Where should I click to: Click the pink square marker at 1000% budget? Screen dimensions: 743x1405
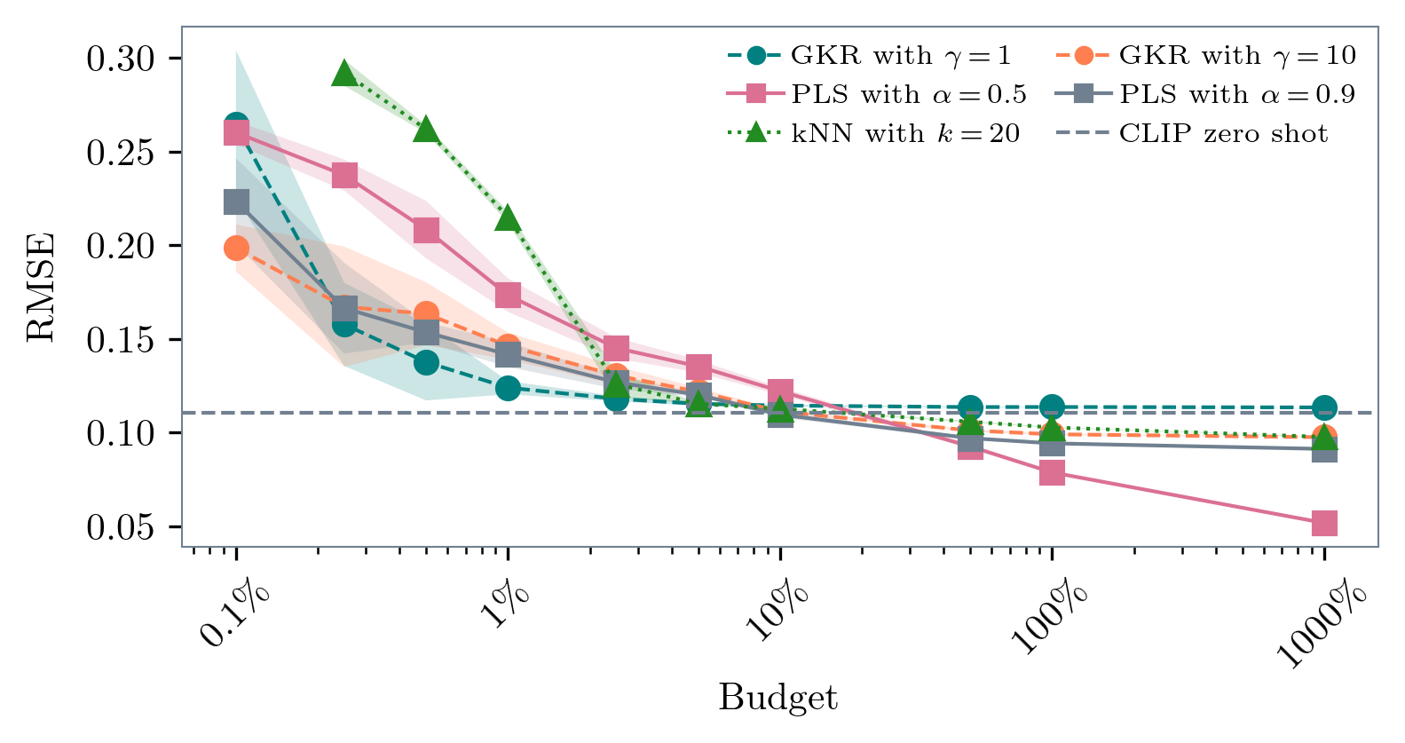pyautogui.click(x=1323, y=524)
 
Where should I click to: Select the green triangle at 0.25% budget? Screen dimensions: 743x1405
pyautogui.click(x=344, y=75)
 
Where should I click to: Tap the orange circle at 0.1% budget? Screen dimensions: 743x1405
pyautogui.click(x=236, y=248)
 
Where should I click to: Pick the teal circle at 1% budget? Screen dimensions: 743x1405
pyautogui.click(x=508, y=388)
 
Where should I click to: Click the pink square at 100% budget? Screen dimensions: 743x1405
pyautogui.click(x=1052, y=473)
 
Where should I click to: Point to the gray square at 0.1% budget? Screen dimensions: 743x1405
pyautogui.click(x=236, y=202)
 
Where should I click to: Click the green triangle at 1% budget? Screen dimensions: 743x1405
pyautogui.click(x=508, y=218)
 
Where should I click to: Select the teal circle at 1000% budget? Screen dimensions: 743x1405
pyautogui.click(x=1323, y=407)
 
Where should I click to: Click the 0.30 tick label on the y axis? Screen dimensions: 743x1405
pyautogui.click(x=121, y=59)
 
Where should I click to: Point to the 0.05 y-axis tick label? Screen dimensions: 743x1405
pyautogui.click(x=121, y=527)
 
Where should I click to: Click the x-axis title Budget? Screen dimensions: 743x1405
pyautogui.click(x=777, y=698)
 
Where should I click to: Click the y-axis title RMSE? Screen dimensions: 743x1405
pyautogui.click(x=41, y=287)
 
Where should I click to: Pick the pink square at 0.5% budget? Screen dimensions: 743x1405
pyautogui.click(x=426, y=231)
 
